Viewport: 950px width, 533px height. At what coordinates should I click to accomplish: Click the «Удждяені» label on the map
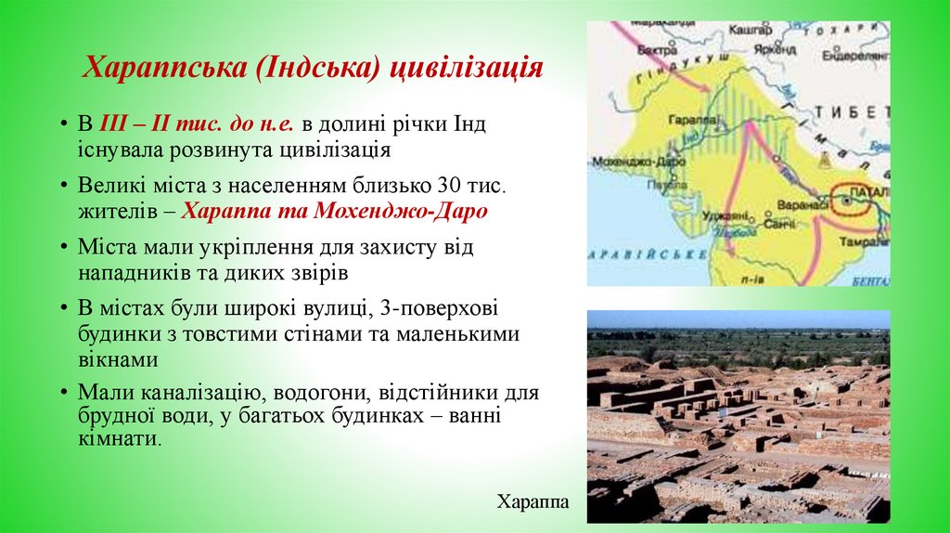point(726,215)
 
